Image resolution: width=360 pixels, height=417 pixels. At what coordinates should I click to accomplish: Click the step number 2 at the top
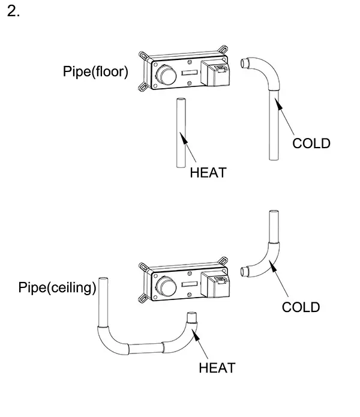(x=13, y=13)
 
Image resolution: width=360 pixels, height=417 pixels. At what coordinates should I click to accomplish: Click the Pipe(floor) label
(x=95, y=72)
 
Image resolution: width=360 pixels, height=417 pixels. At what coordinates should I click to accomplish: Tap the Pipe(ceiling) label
(x=58, y=288)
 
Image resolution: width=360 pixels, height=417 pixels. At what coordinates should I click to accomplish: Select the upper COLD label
(x=311, y=143)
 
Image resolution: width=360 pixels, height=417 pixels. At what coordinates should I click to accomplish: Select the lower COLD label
(x=301, y=307)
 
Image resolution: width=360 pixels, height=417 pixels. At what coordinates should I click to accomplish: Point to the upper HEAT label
(x=208, y=173)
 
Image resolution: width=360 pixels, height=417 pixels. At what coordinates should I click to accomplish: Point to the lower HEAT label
(x=217, y=367)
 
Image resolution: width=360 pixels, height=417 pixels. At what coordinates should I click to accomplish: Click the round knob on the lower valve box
(x=165, y=284)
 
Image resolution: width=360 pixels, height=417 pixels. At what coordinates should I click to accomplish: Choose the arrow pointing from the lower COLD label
(x=281, y=282)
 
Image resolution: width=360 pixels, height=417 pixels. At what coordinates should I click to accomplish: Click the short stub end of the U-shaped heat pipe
(x=192, y=320)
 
